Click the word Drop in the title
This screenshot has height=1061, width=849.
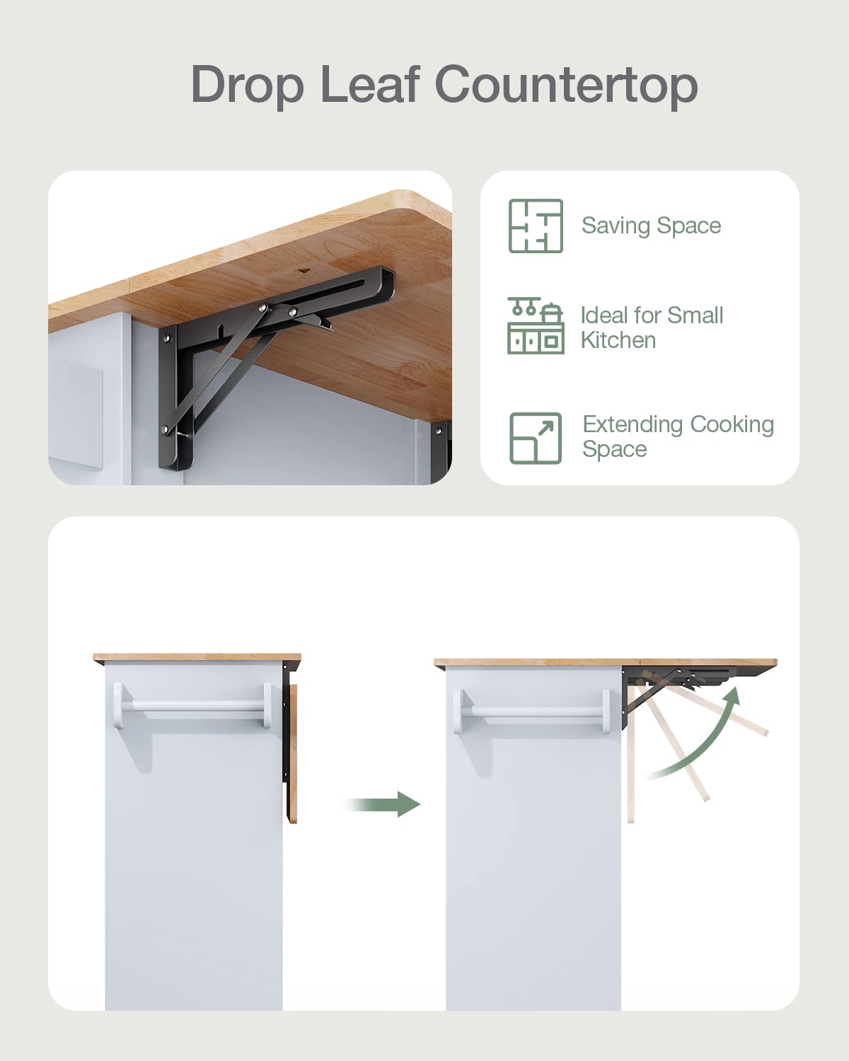point(247,85)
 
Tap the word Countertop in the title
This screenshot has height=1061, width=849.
point(565,85)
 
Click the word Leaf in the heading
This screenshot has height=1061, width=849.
point(370,85)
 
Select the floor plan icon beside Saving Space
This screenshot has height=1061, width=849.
point(536,226)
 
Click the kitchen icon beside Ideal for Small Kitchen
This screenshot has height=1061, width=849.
point(536,326)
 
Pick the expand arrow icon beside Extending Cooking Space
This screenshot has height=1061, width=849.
point(536,438)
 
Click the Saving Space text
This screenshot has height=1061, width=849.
point(651,226)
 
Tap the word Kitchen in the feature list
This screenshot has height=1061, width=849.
point(618,340)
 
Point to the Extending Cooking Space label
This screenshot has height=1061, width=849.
point(677,436)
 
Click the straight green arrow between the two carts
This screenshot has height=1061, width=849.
point(386,804)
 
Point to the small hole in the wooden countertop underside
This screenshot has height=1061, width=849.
point(304,270)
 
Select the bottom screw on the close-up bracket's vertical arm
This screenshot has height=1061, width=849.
point(167,429)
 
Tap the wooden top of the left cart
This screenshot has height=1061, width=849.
point(197,659)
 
